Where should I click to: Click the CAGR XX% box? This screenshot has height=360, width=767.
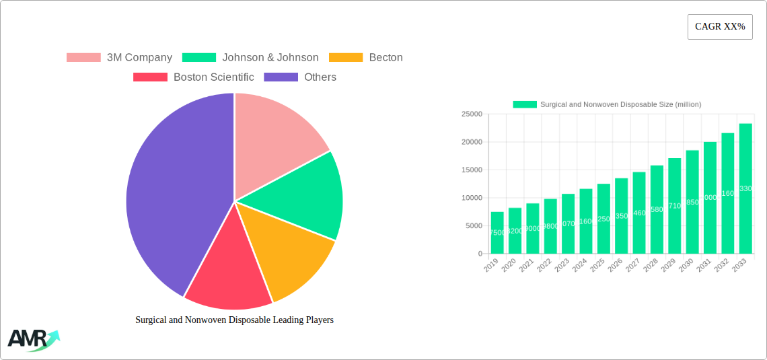coord(719,27)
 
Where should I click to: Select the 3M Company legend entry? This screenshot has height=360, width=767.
coord(120,58)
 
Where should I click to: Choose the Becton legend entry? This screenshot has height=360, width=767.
coord(367,58)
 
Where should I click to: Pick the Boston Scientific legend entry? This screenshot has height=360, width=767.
coord(194,77)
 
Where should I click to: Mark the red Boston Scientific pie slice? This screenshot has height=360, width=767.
coord(229,276)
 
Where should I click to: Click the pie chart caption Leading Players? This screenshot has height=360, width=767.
coord(234,320)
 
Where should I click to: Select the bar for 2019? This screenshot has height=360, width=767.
coord(497,233)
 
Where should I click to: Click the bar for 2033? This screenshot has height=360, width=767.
coord(745,188)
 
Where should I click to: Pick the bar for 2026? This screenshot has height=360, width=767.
coord(621,216)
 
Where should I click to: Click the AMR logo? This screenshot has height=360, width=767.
coord(32,340)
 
